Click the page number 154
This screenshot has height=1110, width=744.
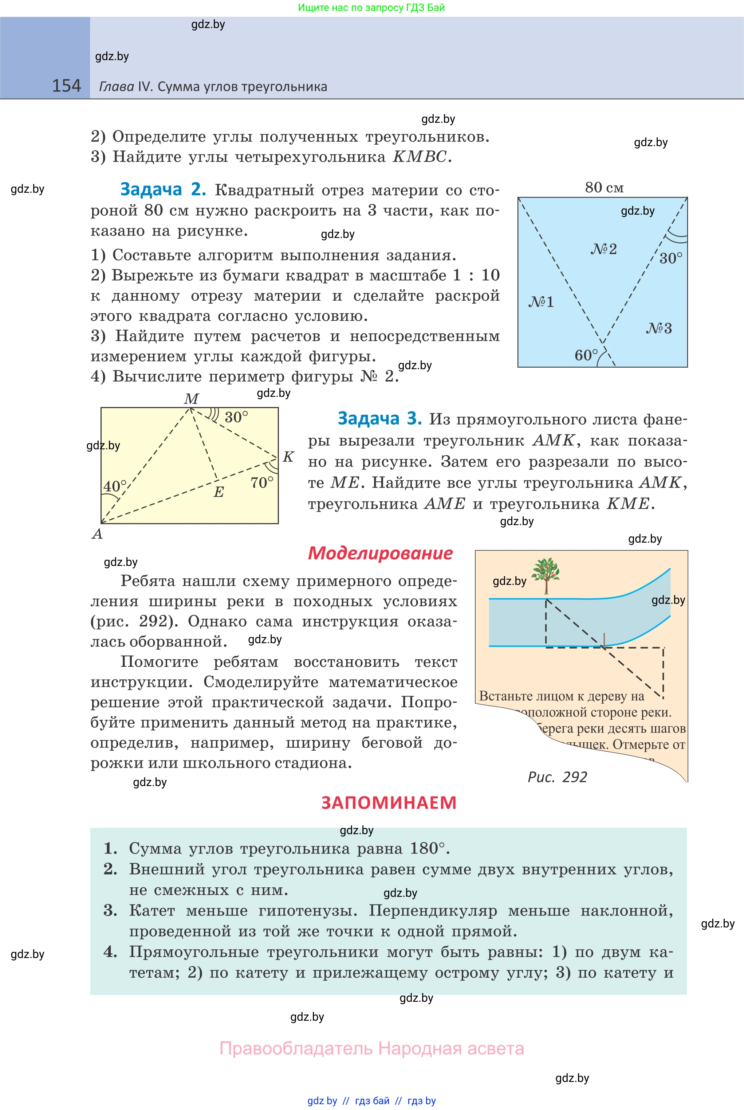tap(66, 86)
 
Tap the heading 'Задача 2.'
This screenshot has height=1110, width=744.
tap(163, 189)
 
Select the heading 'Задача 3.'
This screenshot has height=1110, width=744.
tap(379, 419)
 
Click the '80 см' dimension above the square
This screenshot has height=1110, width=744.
tap(604, 188)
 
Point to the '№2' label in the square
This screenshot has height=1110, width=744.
tap(603, 249)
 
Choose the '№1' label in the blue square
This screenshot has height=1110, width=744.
tap(541, 302)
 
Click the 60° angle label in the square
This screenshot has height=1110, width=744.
tap(586, 355)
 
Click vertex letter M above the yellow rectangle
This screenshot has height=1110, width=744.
tap(191, 399)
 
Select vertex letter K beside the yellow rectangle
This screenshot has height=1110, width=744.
tap(288, 457)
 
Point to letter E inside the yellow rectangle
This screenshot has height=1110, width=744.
tap(218, 492)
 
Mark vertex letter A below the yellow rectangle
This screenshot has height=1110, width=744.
tap(97, 534)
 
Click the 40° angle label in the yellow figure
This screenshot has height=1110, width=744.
tap(115, 486)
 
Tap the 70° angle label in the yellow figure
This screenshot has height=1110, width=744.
tap(262, 483)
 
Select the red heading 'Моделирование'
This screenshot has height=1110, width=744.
tap(380, 554)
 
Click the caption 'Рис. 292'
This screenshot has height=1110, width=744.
tap(557, 777)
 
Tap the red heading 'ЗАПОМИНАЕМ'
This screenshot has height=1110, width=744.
tap(389, 802)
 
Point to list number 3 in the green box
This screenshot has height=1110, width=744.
tap(110, 910)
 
